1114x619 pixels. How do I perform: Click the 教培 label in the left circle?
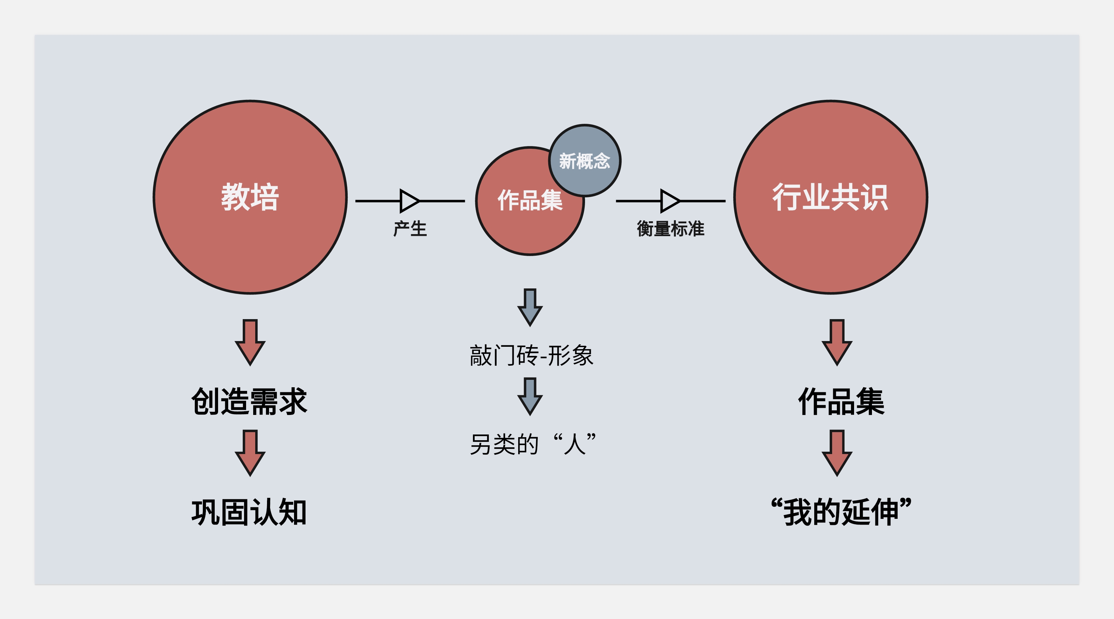[250, 197]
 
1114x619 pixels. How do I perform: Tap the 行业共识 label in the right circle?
[830, 197]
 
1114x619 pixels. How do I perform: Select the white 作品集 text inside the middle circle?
[529, 201]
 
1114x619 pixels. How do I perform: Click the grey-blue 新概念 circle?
[585, 161]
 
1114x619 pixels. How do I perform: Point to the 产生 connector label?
[410, 229]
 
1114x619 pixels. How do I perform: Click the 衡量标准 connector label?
[670, 229]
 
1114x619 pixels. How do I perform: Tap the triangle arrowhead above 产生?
[409, 201]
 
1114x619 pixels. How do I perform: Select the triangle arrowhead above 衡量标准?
[670, 201]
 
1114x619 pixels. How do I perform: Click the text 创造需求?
[249, 401]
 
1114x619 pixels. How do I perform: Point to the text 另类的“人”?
[533, 444]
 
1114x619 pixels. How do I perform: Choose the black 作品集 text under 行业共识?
[841, 401]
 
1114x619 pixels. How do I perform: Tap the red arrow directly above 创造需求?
[250, 342]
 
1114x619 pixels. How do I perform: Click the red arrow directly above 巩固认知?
[250, 453]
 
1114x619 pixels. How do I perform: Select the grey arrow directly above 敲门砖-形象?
[530, 307]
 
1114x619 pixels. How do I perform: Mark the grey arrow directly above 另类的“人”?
[530, 396]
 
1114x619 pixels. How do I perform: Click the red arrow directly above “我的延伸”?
[837, 453]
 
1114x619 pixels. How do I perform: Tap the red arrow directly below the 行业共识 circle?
[837, 342]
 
